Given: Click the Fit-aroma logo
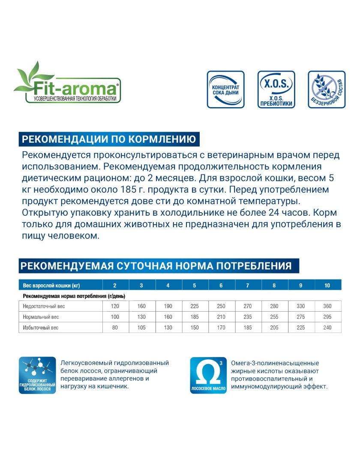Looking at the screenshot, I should coord(68,86).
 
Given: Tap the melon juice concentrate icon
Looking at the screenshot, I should coord(225,90).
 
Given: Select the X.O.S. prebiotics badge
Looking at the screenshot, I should coord(276,90).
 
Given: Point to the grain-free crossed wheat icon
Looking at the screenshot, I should coord(327,90).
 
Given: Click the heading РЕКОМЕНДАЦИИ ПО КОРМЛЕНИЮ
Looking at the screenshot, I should coord(109,139).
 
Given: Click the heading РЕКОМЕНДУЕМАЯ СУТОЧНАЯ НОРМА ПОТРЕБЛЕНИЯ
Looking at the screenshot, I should coord(156,266).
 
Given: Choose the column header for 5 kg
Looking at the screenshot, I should coord(195,286).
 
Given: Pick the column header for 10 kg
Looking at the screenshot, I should coord(327,286).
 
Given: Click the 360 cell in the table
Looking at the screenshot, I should coord(327,306).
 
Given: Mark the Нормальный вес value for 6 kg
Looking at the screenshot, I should coord(221,317).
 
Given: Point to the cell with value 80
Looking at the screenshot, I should coord(115,328).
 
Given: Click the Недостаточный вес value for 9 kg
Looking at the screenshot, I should coord(301,306).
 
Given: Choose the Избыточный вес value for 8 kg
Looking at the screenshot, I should coord(274,328).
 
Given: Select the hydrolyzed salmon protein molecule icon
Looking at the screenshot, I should coord(37,376).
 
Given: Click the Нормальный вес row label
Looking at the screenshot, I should coord(41,317).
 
